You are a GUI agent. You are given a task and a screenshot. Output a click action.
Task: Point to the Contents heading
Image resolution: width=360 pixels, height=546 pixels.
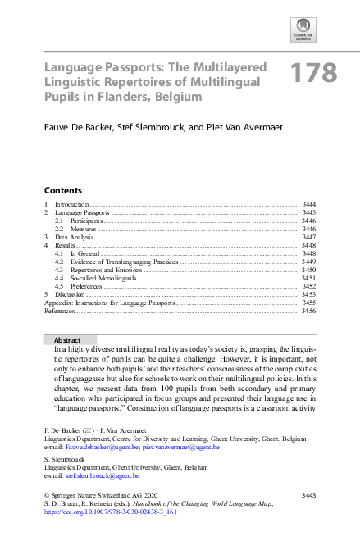[62, 189]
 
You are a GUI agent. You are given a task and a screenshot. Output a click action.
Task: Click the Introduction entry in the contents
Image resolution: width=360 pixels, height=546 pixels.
[71, 203]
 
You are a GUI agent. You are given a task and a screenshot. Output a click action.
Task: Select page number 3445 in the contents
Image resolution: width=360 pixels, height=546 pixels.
[309, 212]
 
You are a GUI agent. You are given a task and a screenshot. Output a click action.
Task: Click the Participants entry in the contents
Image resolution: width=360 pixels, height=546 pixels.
[86, 221]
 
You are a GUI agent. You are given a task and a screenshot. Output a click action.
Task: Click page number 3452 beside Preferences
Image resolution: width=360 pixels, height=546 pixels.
[309, 287]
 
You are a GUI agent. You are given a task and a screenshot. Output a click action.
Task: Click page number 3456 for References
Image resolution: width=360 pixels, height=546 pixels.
[309, 312]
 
